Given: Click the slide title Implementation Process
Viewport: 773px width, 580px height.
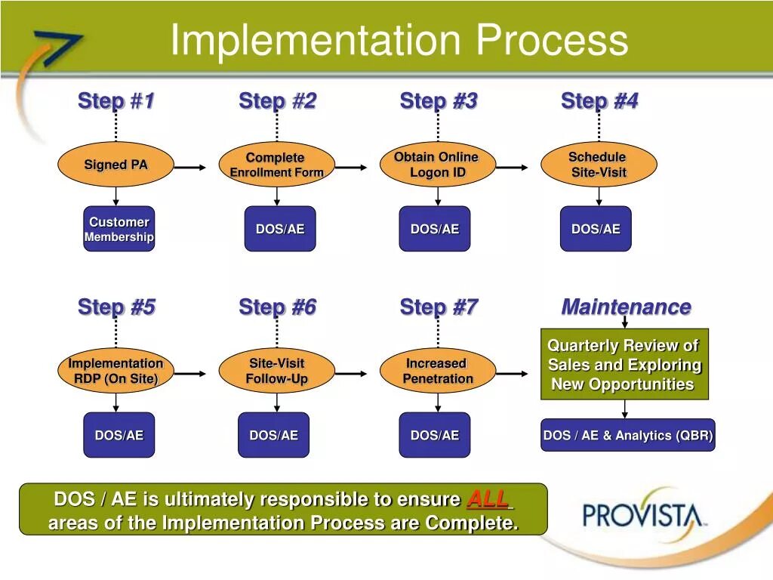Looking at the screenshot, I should point(399,40).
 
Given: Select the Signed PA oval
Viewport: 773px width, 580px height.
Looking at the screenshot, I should point(115,165).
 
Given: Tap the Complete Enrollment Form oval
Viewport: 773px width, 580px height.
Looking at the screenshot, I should point(276,165).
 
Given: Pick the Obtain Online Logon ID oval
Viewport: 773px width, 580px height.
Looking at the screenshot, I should point(438,165).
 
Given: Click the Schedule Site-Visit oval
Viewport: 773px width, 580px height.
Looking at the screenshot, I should point(599,165).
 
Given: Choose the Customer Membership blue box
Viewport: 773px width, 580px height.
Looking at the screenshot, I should point(119,229).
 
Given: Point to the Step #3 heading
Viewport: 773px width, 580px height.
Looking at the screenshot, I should point(438,101).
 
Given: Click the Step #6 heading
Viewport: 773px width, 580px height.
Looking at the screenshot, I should point(277,307).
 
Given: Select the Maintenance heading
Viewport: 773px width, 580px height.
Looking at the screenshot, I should point(626,307).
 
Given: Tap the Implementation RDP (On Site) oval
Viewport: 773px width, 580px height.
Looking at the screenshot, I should point(115,371).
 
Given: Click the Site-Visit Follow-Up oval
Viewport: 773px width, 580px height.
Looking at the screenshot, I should point(276,371).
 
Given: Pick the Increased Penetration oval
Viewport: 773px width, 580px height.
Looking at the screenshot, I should point(438,371).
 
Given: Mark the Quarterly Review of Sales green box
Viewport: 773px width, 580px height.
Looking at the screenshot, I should point(624,365).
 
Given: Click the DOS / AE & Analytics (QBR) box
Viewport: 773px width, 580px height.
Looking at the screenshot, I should point(627,436).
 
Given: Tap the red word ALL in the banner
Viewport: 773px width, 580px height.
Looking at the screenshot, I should point(488,499).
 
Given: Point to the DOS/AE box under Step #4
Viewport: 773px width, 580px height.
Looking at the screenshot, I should point(596,229).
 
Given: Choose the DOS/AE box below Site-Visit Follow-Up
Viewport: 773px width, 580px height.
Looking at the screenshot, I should point(273,435).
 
